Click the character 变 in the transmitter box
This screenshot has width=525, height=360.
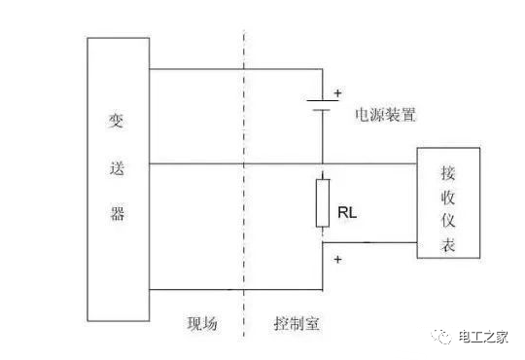117,124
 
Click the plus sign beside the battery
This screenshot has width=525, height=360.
338,93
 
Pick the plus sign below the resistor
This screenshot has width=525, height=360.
337,260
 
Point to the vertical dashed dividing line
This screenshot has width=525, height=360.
242,195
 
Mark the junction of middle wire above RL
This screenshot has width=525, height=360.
321,163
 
